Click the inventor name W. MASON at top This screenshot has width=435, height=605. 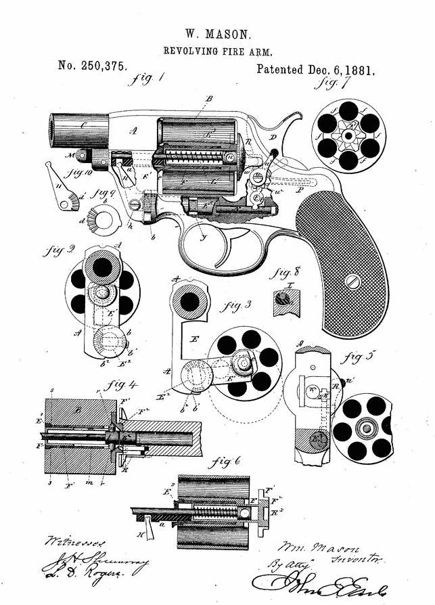(217, 32)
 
